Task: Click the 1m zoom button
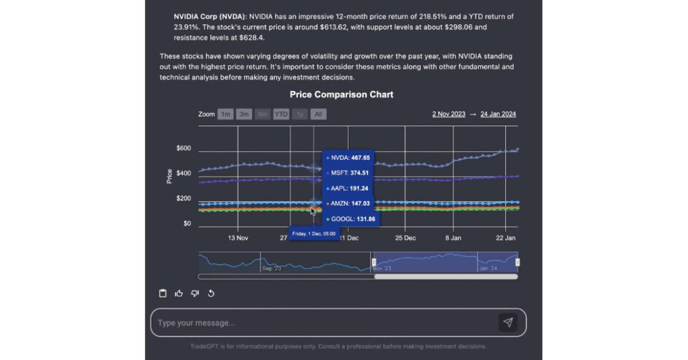225,114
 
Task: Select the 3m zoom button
244,114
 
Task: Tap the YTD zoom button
281,114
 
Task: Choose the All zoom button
318,114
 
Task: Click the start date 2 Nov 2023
449,114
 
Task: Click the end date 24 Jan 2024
498,114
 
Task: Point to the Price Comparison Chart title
342,95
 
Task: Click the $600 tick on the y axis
183,148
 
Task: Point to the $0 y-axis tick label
187,224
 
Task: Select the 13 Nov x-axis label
238,238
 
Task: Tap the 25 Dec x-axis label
406,238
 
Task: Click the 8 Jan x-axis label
453,238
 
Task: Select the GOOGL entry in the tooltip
351,219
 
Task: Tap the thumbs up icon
179,294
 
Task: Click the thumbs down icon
195,294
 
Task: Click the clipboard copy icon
163,294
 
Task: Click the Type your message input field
323,323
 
